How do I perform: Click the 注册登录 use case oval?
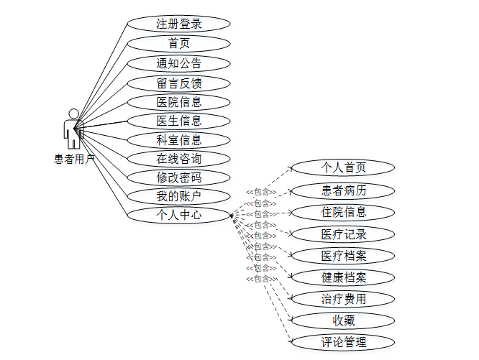(179, 24)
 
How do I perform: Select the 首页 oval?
(179, 43)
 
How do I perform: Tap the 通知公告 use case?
(179, 63)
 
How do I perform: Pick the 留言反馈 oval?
(179, 83)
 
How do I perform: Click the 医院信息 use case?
(179, 102)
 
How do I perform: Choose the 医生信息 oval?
(179, 121)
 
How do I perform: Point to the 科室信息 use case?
(179, 140)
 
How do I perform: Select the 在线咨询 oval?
(179, 159)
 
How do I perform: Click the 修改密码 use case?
(179, 177)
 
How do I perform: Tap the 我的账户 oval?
(179, 196)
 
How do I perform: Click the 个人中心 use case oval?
(179, 214)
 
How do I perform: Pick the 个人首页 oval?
(343, 168)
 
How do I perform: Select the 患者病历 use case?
(343, 190)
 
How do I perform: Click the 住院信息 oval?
(343, 212)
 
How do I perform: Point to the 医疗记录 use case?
(343, 234)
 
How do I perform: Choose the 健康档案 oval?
(343, 277)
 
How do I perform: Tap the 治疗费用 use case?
(343, 299)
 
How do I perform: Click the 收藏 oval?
(343, 320)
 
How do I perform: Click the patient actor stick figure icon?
(73, 129)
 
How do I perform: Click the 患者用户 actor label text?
(74, 160)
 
